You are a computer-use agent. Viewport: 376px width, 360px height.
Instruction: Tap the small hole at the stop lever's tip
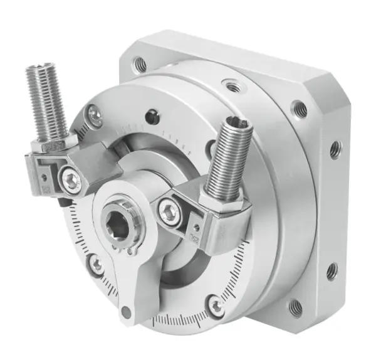127,310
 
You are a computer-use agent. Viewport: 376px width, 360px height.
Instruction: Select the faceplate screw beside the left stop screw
95,114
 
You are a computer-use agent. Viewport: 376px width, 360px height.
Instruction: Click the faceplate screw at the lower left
97,265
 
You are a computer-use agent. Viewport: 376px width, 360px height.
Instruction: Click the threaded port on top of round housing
232,85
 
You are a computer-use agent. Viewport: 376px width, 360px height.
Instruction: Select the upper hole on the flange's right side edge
336,149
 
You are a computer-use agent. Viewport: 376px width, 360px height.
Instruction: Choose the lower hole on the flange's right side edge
332,270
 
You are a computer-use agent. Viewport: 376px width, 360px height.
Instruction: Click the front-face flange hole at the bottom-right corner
295,307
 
